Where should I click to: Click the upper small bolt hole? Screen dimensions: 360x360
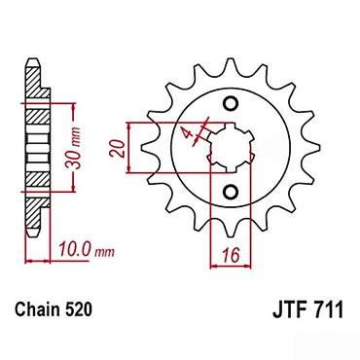(231, 103)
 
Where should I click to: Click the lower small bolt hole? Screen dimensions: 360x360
(231, 192)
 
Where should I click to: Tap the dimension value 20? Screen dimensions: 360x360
(118, 149)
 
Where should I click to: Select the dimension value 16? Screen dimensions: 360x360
(231, 255)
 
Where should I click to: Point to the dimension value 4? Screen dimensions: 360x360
(187, 132)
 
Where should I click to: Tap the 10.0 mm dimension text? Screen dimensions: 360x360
(87, 250)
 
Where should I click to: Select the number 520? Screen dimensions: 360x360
(78, 309)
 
